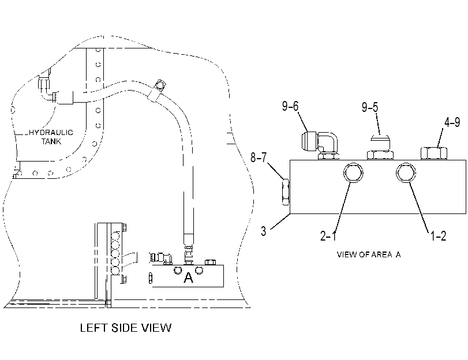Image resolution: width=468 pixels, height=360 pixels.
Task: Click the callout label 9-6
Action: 290,106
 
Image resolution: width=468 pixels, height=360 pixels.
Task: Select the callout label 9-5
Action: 370,107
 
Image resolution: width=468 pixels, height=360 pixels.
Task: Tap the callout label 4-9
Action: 452,122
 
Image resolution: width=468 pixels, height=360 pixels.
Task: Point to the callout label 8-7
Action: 258,157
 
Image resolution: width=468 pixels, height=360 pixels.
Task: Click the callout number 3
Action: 263,231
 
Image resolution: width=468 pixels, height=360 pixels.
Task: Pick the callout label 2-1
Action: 328,236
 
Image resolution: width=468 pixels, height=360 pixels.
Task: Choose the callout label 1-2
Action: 438,236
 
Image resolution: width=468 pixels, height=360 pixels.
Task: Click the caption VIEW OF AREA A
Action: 369,254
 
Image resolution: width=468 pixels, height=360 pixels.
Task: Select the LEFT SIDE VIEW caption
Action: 126,328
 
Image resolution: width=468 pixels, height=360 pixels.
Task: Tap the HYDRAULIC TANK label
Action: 51,137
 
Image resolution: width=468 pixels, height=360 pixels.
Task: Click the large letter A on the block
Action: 188,277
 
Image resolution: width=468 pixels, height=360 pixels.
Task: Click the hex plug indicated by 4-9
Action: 434,153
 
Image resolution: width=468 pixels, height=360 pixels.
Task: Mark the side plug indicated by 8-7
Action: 286,192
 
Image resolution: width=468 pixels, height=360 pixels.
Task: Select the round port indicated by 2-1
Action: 353,172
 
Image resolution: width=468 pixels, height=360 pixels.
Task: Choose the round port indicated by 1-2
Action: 406,172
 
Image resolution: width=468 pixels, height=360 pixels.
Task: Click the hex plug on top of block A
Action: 211,262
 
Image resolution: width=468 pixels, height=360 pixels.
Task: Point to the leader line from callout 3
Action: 280,222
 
